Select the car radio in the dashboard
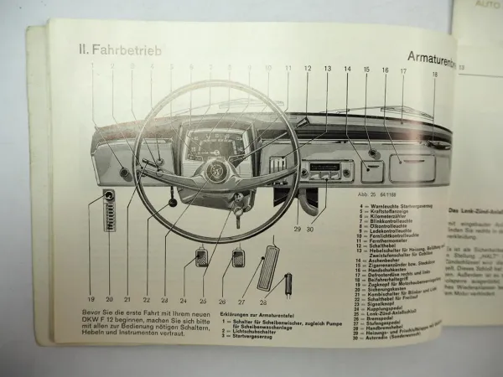click(326, 173)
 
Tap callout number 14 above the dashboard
click(346, 70)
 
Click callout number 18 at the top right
click(434, 75)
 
